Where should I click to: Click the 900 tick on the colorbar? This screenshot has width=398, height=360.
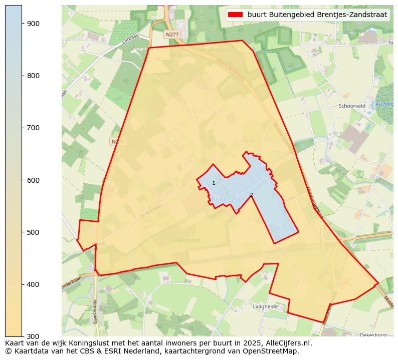click(33, 24)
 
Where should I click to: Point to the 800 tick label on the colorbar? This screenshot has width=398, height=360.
click(33, 76)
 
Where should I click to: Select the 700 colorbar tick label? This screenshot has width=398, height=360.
click(33, 128)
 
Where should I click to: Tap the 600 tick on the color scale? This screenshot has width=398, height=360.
click(33, 180)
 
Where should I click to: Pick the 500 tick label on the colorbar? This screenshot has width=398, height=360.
click(33, 232)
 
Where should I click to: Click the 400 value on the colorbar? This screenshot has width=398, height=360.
click(33, 284)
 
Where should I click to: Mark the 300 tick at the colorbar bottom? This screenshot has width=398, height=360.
click(33, 336)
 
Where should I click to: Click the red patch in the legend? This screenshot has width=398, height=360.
click(235, 15)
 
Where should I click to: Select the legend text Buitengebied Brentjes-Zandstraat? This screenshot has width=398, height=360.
click(317, 15)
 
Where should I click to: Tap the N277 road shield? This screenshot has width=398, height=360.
click(171, 34)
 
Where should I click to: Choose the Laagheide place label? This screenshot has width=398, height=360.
click(265, 306)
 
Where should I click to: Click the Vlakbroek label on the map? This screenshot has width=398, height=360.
click(187, 240)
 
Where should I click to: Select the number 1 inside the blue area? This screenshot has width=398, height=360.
click(214, 183)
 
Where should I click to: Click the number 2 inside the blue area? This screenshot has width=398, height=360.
click(251, 195)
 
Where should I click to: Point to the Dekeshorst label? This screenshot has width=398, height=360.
click(373, 335)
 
